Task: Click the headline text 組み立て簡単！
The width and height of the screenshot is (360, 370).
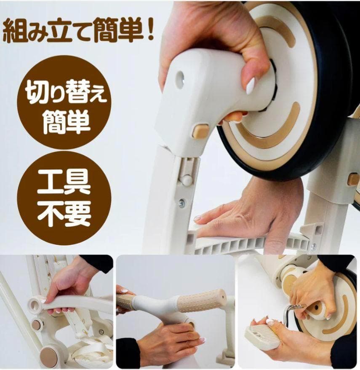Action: coord(78,32)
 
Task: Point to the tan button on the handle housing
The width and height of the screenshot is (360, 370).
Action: coord(200,131)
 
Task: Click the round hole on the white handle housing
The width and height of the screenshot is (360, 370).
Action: coord(180,79)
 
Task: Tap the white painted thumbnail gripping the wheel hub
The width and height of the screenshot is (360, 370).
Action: coord(251,86)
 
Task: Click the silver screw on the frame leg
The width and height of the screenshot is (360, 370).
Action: coord(182,203)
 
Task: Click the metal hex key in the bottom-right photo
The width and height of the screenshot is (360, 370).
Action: coord(290,314)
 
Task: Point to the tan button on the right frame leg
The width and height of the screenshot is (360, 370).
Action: coord(353,179)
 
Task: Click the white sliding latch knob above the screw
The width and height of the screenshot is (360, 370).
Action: coord(186,180)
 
